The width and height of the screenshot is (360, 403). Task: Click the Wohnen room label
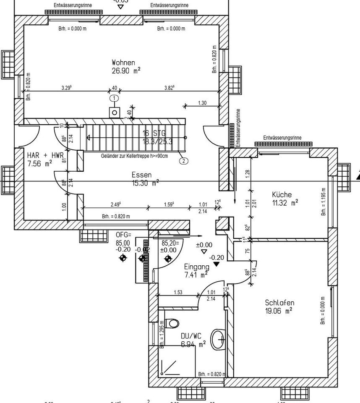pyautogui.click(x=123, y=63)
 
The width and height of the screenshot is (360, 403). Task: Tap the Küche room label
pyautogui.click(x=282, y=195)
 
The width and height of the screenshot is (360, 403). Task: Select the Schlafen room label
pyautogui.click(x=279, y=303)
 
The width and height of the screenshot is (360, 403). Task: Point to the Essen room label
pyautogui.click(x=141, y=175)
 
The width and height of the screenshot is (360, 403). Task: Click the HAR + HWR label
pyautogui.click(x=42, y=155)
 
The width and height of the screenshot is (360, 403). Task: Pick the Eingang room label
pyautogui.click(x=196, y=267)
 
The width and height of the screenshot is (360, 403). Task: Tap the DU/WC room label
pyautogui.click(x=191, y=336)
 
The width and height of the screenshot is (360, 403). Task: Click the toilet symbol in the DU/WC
pyautogui.click(x=172, y=323)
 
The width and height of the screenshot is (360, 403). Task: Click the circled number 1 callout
pyautogui.click(x=114, y=98)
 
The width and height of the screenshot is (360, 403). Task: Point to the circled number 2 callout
pyautogui.click(x=183, y=160)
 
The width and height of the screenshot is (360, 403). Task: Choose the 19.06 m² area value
pyautogui.click(x=278, y=311)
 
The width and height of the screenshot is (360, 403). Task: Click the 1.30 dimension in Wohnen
pyautogui.click(x=202, y=103)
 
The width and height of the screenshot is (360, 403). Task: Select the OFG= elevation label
pyautogui.click(x=123, y=235)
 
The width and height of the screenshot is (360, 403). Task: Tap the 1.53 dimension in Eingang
pyautogui.click(x=177, y=293)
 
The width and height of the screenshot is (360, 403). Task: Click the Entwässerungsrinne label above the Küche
pyautogui.click(x=282, y=138)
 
